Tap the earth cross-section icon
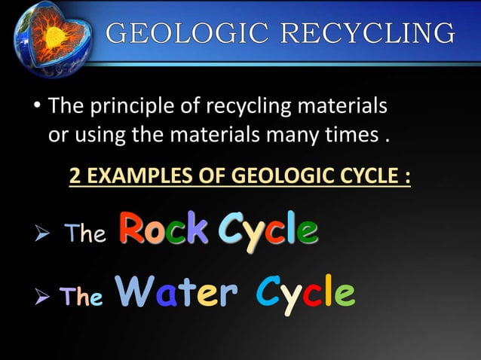tap(50, 35)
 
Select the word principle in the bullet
tap(138, 108)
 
